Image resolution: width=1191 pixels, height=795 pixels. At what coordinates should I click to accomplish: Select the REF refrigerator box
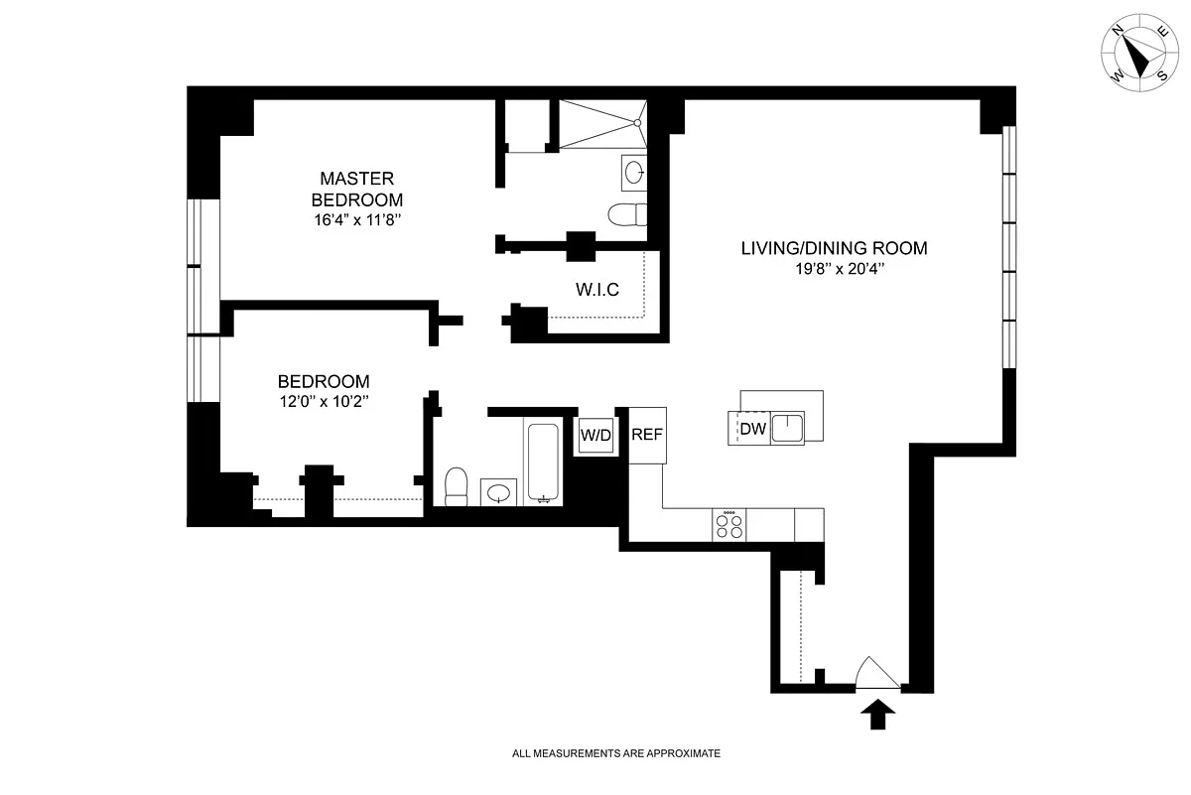coord(646,434)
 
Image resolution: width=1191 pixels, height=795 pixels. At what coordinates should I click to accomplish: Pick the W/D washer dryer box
coord(595,434)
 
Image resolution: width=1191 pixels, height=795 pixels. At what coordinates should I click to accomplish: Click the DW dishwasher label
coord(752,429)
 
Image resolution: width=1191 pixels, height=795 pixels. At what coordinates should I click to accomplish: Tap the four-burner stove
coord(729,525)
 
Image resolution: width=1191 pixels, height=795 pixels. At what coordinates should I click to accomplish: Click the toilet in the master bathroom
coord(628,214)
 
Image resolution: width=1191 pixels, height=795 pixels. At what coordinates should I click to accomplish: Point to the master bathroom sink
coord(634,174)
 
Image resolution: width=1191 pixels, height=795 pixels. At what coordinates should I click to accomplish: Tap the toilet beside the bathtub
coord(456,485)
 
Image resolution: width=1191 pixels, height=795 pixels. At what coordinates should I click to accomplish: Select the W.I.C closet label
coord(597,290)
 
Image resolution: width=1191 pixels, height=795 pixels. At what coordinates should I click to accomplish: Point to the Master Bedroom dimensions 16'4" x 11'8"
coord(356,220)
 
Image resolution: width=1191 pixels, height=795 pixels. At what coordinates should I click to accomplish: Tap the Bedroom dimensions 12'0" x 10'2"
coord(324,402)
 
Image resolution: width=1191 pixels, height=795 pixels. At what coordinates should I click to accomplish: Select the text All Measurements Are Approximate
coord(615,754)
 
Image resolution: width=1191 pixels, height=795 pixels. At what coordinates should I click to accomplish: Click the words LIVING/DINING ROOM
coord(834,248)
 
